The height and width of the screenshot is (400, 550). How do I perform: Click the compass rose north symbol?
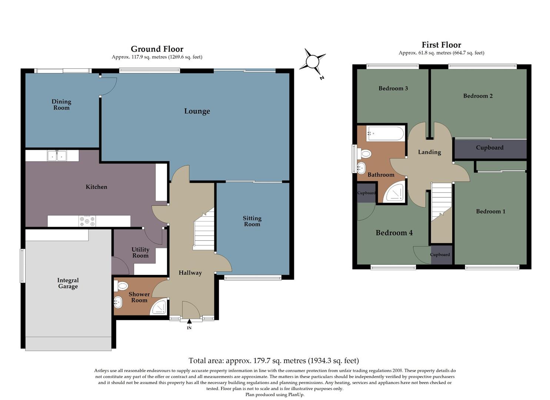pos(313,61)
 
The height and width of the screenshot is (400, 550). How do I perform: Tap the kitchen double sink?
pos(57,156)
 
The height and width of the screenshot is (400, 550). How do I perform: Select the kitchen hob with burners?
pos(87,221)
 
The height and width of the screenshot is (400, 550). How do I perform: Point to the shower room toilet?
pos(121,286)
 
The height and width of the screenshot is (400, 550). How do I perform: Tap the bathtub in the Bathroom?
pos(385,133)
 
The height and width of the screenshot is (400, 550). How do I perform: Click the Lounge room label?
pos(197,111)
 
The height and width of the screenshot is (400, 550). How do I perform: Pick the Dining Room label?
pos(61,104)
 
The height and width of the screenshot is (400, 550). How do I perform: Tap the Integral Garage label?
pos(68,283)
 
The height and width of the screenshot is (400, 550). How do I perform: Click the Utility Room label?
pos(140,253)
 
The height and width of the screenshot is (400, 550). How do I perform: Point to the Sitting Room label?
pos(252,221)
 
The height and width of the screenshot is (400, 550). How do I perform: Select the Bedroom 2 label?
pos(478,96)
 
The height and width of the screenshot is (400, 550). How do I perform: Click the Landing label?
pos(429,152)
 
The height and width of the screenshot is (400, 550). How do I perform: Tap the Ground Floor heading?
pos(157,49)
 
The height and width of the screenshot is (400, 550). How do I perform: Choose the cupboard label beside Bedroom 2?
pos(490,148)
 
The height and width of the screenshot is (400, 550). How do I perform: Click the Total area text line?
pos(274,360)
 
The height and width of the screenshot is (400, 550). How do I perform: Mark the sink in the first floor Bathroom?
pos(361,168)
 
